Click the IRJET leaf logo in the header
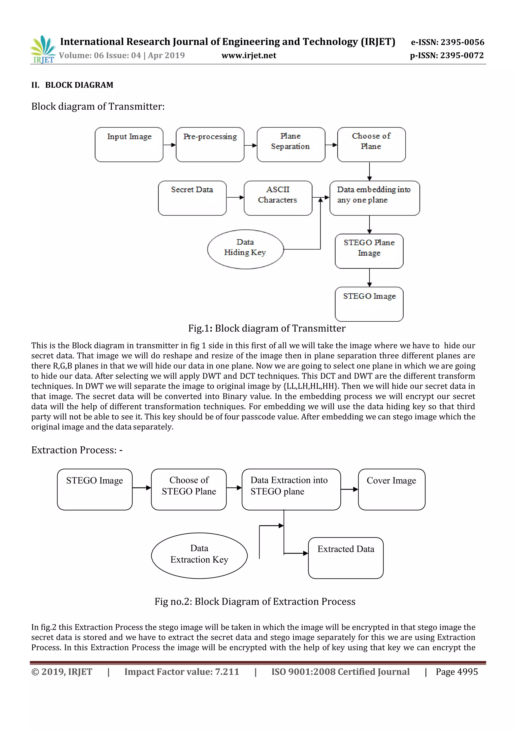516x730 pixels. (x=43, y=49)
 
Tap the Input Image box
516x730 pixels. (x=129, y=145)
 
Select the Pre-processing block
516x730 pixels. (x=210, y=145)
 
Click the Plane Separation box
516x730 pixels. (x=291, y=145)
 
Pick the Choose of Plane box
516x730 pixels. (x=371, y=145)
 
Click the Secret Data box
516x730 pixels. (x=192, y=198)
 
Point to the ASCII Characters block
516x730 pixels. (x=278, y=198)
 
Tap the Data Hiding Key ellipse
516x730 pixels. (x=245, y=249)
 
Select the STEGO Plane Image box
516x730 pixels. (x=369, y=251)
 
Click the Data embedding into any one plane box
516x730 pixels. (x=375, y=198)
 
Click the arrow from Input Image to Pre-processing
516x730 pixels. (x=170, y=145)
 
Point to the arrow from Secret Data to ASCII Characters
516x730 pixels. (x=235, y=197)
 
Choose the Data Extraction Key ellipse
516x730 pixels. (x=199, y=556)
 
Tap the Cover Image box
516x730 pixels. (x=392, y=489)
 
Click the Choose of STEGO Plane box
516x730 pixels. (x=189, y=489)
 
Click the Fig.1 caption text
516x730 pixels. (x=267, y=328)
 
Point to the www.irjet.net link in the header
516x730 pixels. (x=249, y=56)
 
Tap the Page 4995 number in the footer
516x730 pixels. (x=457, y=672)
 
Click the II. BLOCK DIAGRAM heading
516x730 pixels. (x=73, y=85)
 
